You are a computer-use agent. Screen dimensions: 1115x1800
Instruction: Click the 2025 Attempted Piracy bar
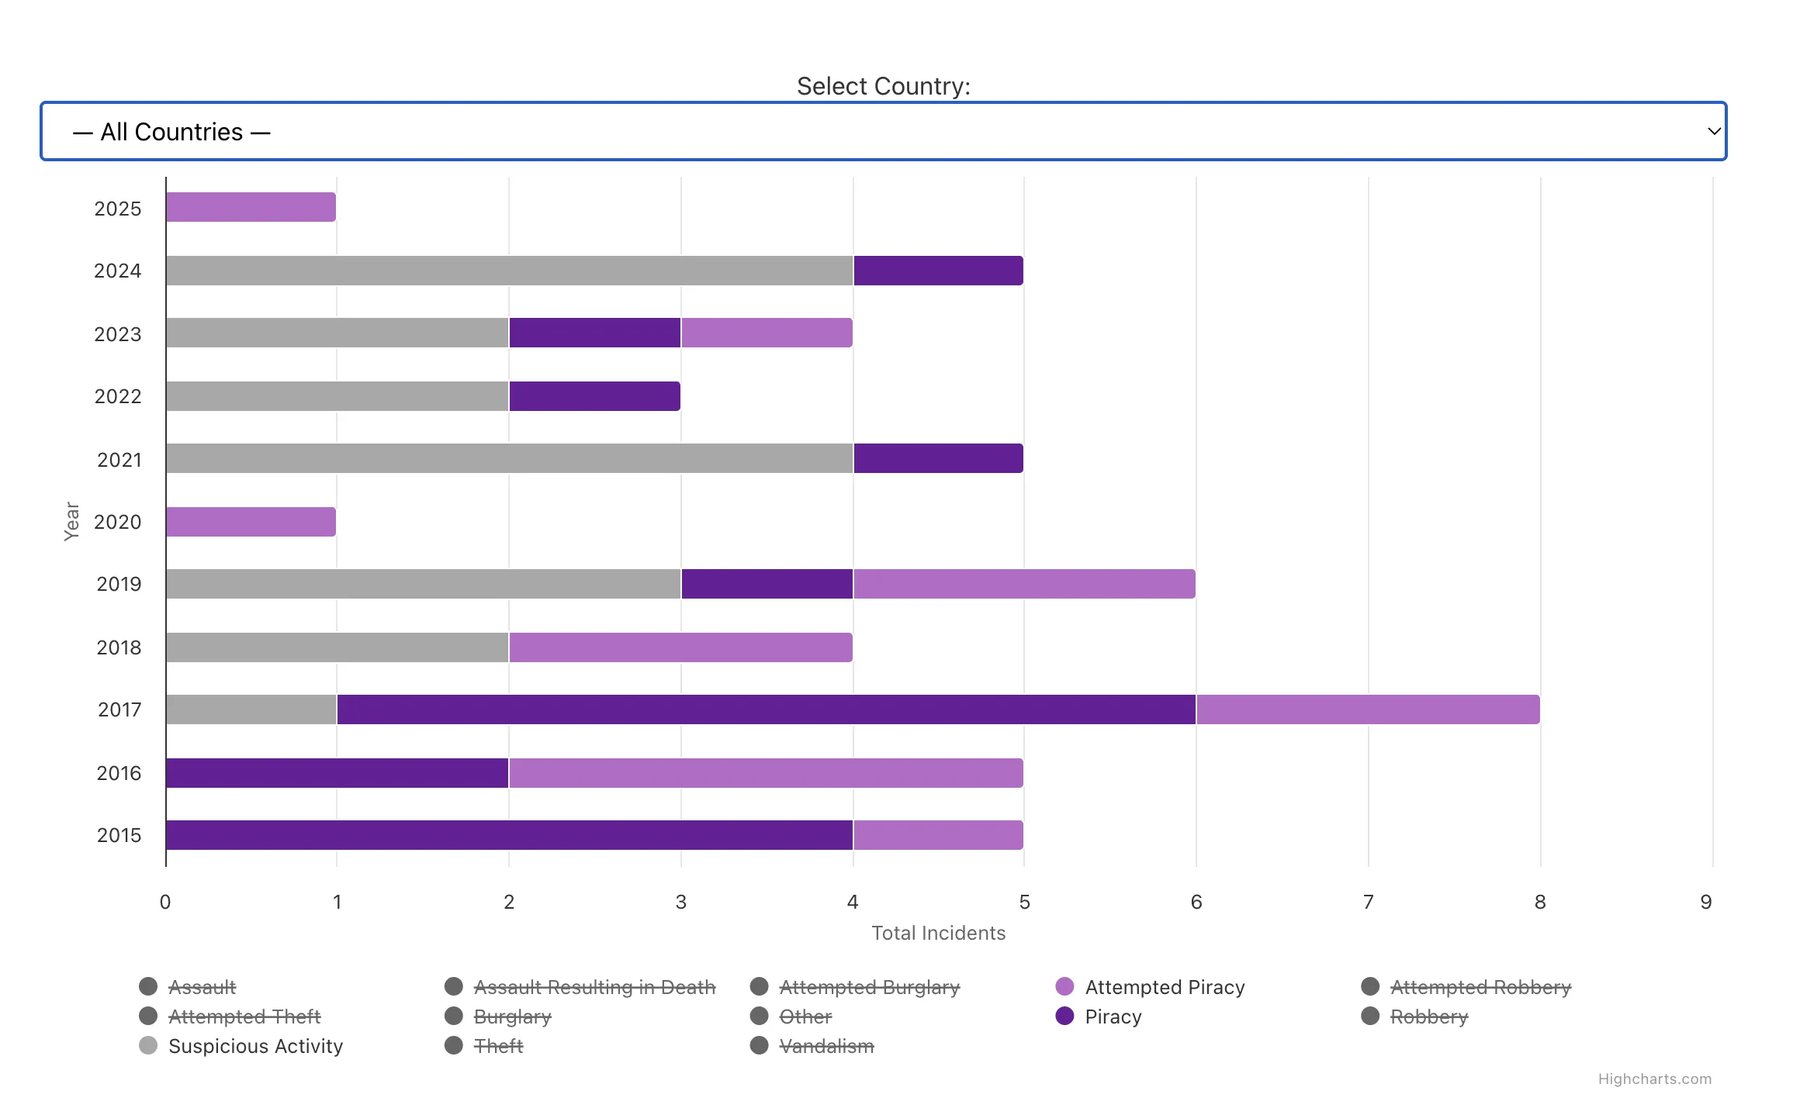coord(251,207)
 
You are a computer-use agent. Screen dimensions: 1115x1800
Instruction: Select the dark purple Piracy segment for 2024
coord(938,271)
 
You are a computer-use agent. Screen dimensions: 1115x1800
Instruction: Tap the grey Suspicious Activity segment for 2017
coord(251,709)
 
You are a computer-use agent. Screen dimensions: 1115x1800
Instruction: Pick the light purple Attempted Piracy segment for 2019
coord(1024,584)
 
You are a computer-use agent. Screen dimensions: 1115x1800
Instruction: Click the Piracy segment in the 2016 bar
coord(337,773)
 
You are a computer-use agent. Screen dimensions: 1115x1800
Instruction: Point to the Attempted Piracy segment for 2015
coord(938,835)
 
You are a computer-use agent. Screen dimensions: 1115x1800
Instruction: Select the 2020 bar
coord(251,522)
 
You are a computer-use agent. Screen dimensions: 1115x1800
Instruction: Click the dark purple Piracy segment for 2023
coord(595,333)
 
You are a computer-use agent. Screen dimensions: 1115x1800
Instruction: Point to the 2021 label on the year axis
coord(119,460)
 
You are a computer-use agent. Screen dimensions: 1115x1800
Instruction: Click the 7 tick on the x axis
coord(1368,902)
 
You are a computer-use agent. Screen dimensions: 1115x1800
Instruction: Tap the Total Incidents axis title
coord(938,933)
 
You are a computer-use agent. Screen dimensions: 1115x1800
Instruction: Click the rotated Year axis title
coord(71,521)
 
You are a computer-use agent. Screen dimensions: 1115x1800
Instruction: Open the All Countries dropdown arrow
coord(1714,131)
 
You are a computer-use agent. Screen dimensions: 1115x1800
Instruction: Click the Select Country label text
coord(883,86)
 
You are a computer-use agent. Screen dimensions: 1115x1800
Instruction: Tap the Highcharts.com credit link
coord(1654,1079)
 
